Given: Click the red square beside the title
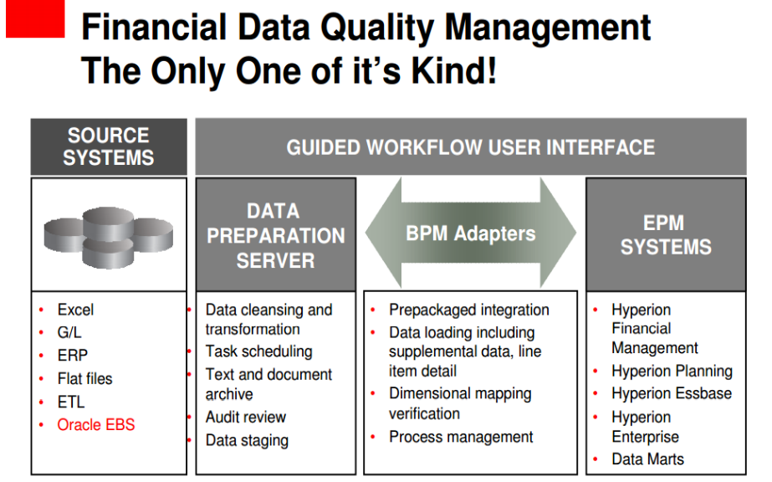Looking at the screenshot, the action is click(x=35, y=18).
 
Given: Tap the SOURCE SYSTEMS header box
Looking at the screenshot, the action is click(x=109, y=146).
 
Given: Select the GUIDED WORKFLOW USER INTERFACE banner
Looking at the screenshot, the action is click(x=471, y=146).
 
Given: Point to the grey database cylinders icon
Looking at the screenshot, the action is click(x=109, y=238).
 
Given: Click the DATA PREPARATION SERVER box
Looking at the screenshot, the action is click(x=276, y=235).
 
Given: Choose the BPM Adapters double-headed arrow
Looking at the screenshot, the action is click(x=471, y=233).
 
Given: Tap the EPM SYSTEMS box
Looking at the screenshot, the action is click(x=666, y=235).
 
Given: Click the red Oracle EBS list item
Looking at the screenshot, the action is click(x=95, y=424).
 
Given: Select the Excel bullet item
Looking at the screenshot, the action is click(x=75, y=310).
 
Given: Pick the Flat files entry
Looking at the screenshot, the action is click(x=84, y=378).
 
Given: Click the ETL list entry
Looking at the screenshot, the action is click(x=71, y=402).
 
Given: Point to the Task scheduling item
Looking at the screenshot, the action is click(x=259, y=351).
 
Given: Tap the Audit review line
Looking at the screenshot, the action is click(x=246, y=417).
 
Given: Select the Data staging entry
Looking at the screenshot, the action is click(x=247, y=441).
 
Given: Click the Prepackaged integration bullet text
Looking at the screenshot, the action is click(x=468, y=310).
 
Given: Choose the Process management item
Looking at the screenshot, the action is click(x=461, y=437).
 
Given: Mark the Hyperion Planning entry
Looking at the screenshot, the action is click(x=672, y=372).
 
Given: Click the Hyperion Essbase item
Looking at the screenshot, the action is click(x=672, y=393).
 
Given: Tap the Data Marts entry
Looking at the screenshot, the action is click(x=648, y=459).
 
